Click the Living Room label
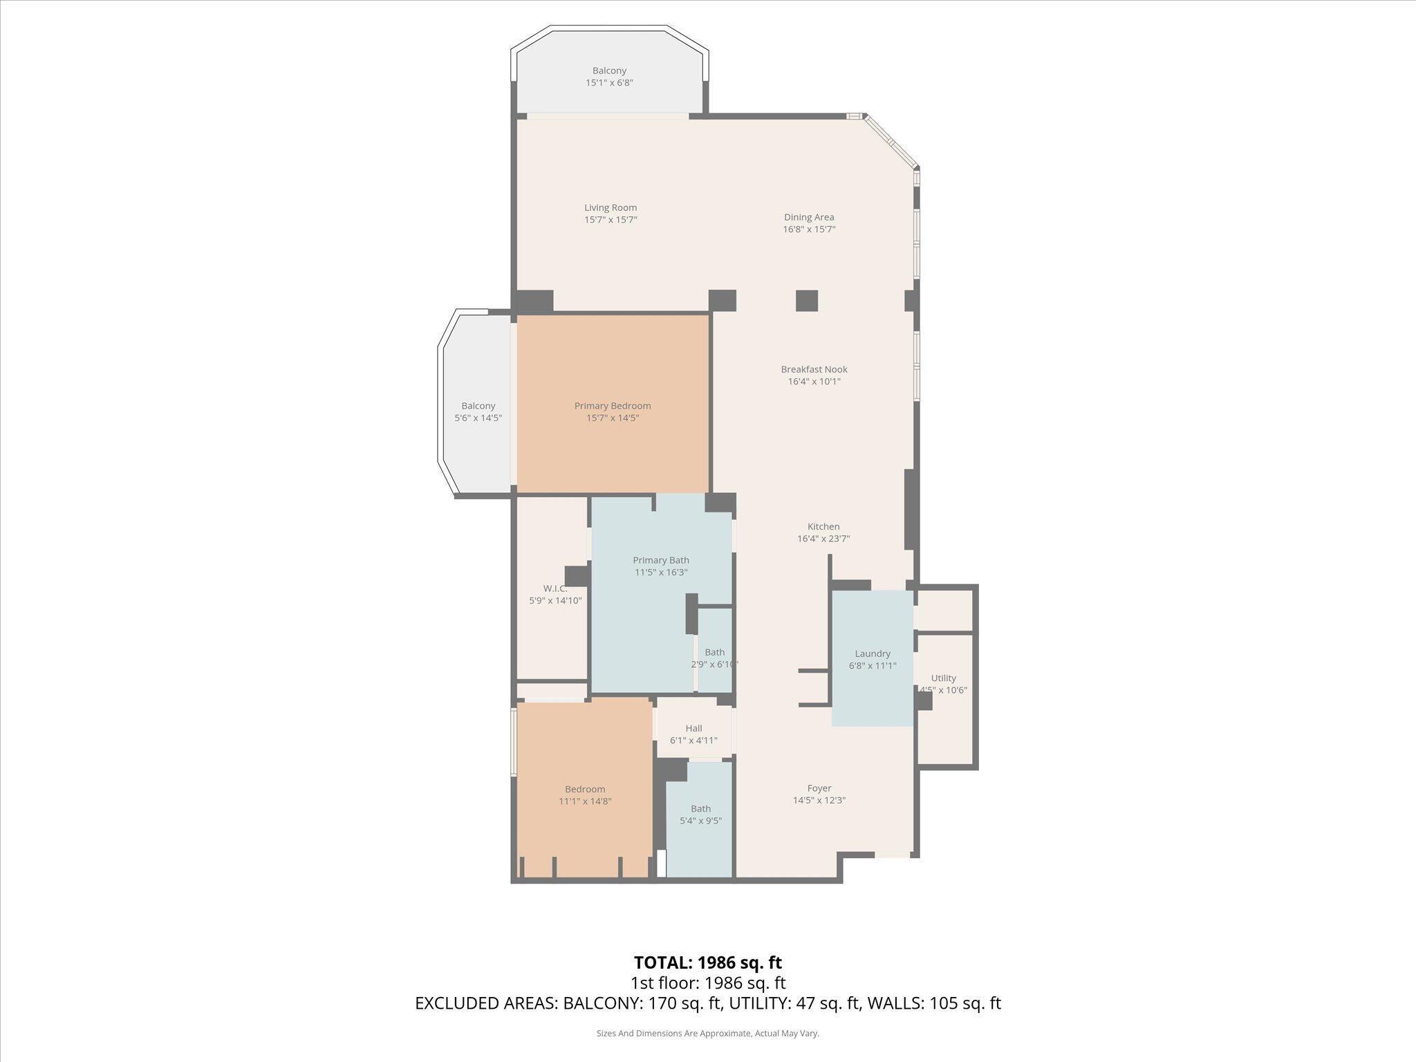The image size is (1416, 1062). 610,207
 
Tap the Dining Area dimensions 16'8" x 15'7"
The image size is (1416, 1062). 809,230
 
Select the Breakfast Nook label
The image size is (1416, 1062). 814,369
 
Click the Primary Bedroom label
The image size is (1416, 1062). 613,406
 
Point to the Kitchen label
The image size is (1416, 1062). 823,527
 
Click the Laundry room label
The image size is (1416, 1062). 873,653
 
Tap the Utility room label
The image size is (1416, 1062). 943,678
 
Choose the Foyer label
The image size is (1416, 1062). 819,788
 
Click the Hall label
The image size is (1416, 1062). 693,728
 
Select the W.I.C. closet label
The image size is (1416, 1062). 555,588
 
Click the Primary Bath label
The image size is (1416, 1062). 661,560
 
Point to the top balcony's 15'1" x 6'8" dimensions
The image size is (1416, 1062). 609,83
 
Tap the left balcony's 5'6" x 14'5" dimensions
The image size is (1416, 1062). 478,418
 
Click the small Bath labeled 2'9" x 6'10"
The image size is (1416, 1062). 714,652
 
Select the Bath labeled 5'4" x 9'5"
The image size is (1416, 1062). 700,808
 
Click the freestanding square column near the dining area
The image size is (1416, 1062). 806,301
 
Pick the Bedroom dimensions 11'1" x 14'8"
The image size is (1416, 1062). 585,801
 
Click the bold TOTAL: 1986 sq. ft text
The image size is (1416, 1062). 707,962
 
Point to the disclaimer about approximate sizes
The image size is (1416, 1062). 707,1034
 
